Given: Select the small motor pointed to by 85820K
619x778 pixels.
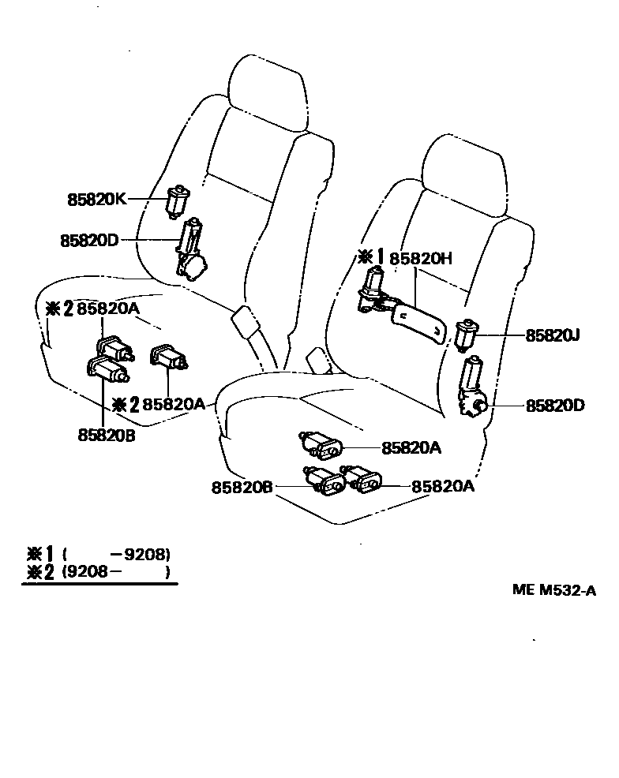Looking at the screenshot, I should point(178,200).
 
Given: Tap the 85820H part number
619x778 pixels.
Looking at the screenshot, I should point(420,257).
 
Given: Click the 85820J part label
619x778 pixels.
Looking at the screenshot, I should point(553,335).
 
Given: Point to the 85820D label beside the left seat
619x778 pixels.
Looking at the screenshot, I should point(88,240).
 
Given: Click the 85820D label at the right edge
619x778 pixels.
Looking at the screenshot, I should point(556,406).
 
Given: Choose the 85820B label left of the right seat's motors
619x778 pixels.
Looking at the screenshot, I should point(242,488).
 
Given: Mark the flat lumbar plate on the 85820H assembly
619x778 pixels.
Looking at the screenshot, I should point(423,322).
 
